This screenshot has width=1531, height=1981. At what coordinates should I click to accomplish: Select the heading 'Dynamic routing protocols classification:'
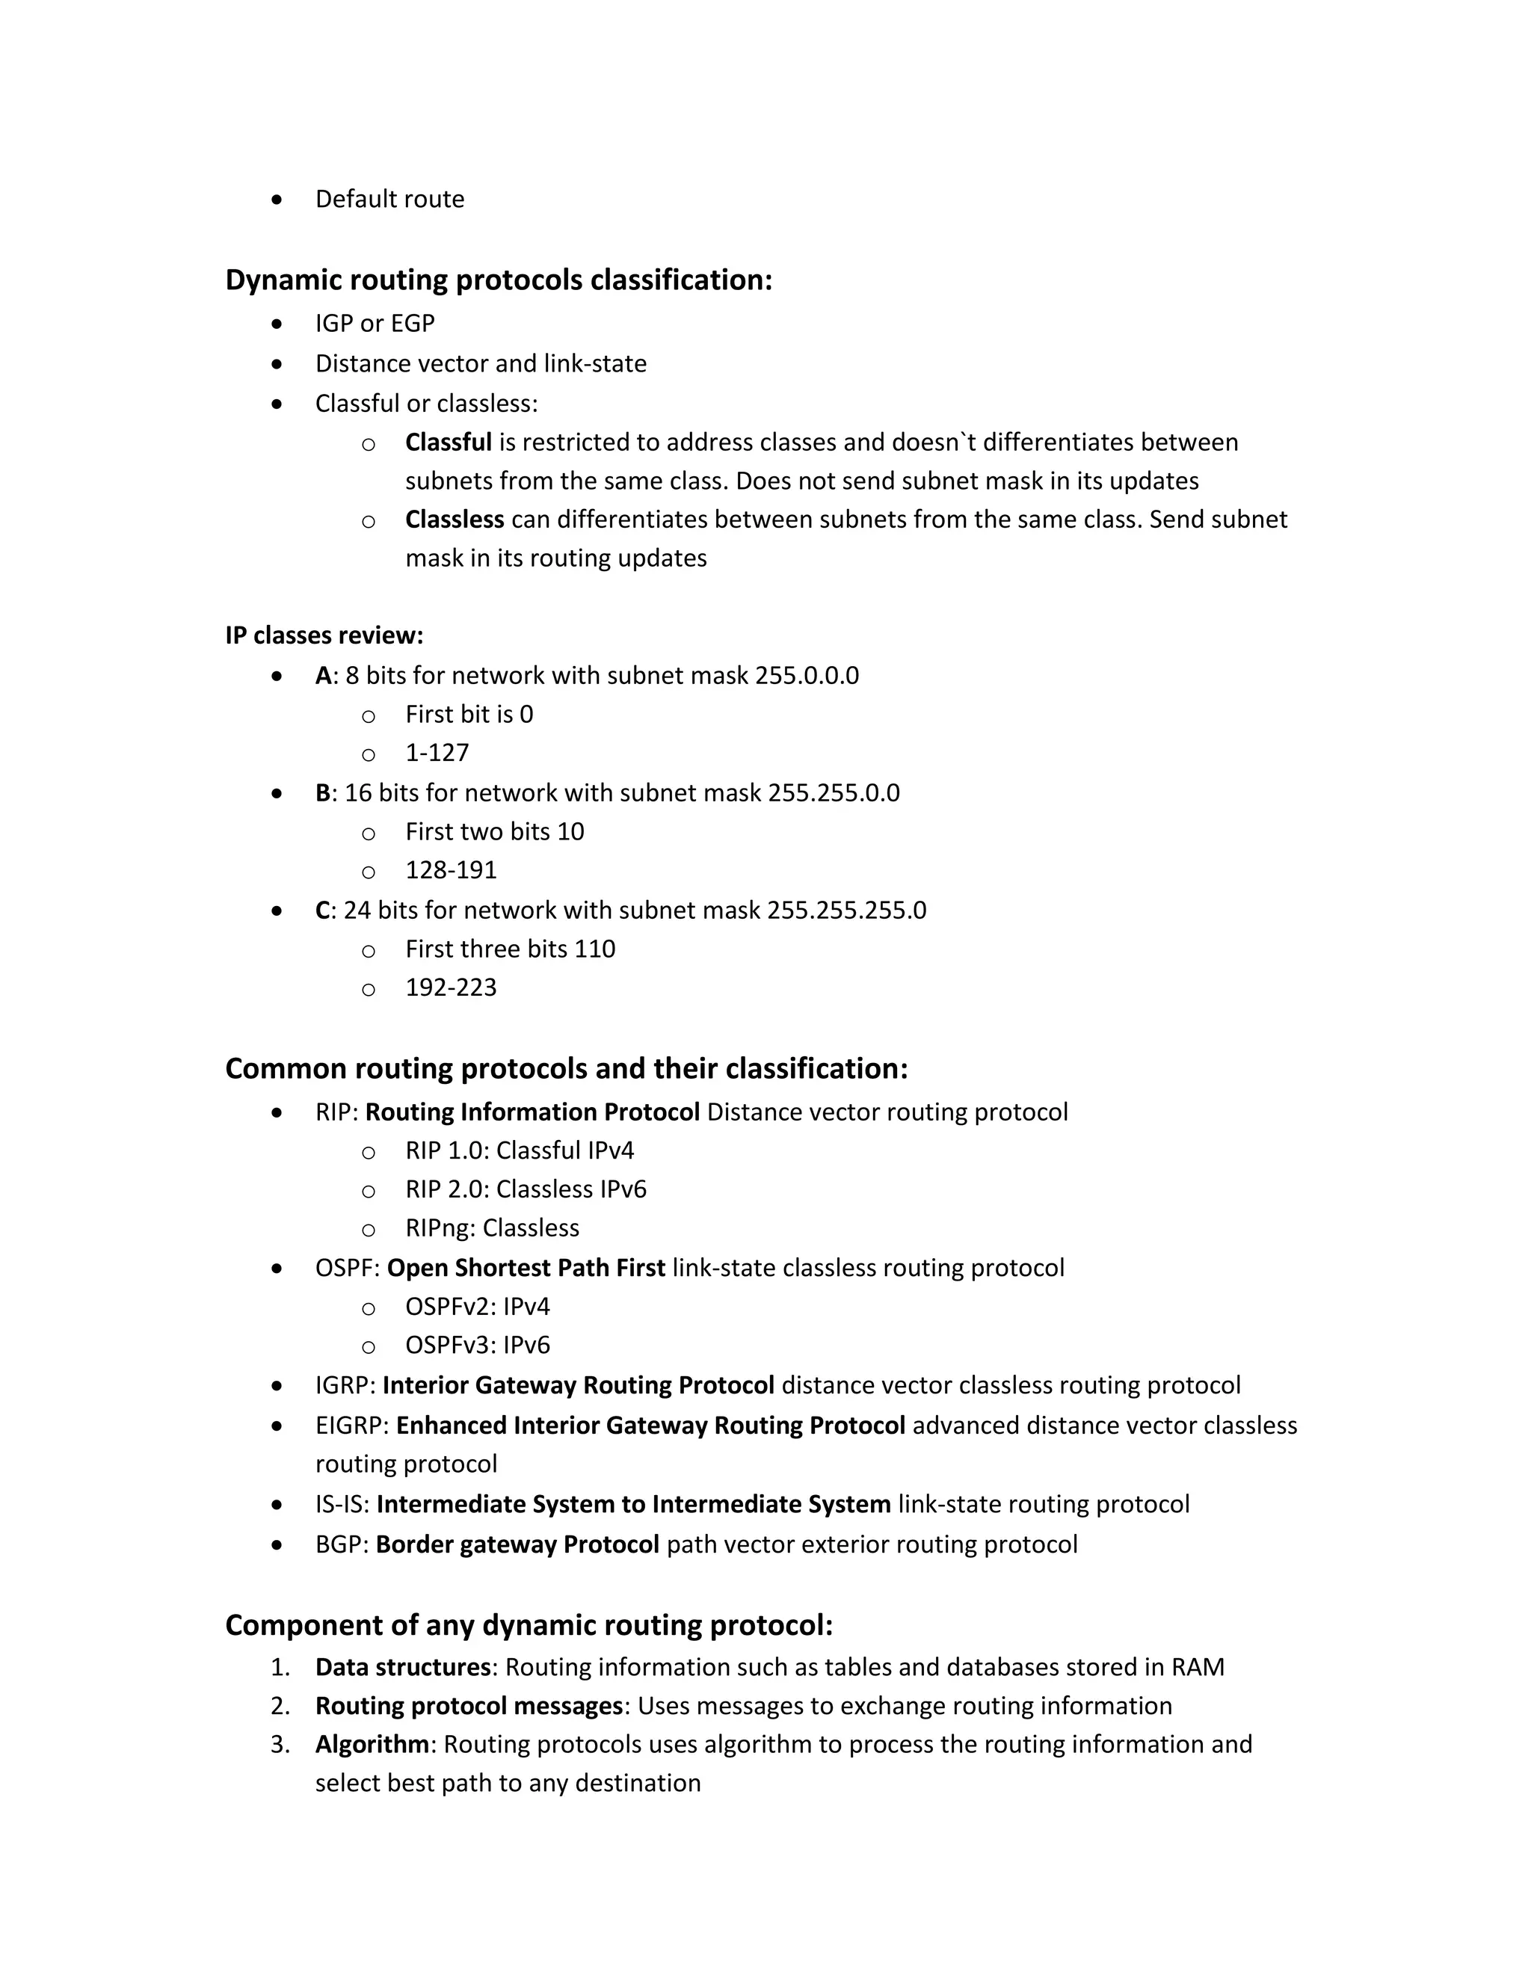coord(498,280)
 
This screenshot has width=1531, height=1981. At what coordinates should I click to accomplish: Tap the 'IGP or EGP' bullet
coord(375,323)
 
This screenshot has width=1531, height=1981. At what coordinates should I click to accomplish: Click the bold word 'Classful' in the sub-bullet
coord(448,443)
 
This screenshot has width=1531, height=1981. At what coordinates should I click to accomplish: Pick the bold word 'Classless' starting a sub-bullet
coord(455,520)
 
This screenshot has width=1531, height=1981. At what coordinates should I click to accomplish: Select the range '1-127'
coord(437,753)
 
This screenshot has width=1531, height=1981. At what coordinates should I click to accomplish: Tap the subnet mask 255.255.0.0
coord(834,792)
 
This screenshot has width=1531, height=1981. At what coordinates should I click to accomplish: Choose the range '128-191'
coord(451,870)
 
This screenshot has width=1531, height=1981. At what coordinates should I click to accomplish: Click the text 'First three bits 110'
coord(510,949)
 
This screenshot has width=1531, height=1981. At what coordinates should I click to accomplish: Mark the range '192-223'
coord(451,987)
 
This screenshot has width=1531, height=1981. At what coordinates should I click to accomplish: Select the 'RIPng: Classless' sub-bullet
coord(492,1228)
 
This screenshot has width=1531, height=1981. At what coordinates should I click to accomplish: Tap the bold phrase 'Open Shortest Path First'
coord(526,1268)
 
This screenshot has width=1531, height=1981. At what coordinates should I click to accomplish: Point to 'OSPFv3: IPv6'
coord(477,1345)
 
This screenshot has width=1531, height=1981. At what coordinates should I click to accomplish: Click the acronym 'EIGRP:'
coord(352,1426)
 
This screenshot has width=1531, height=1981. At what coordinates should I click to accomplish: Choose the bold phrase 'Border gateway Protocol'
coord(517,1544)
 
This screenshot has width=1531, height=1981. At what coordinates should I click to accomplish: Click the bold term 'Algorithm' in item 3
coord(372,1744)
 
